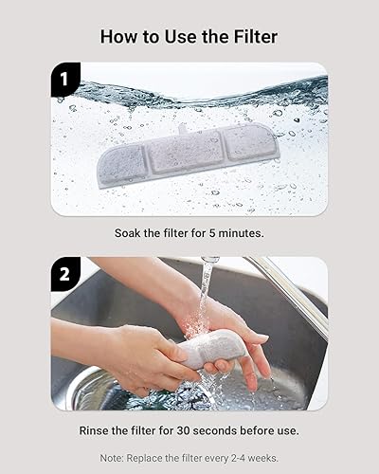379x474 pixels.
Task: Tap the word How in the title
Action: (x=120, y=37)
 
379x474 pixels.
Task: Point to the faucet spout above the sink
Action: (x=210, y=259)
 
